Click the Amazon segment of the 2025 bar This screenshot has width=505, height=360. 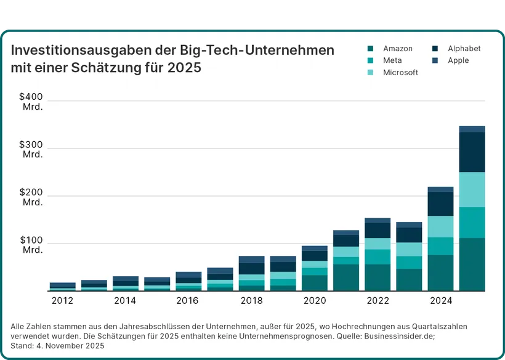[472, 264]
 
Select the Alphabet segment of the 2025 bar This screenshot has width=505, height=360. [472, 152]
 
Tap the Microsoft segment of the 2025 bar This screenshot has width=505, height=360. [472, 189]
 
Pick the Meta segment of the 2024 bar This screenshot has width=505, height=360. [440, 246]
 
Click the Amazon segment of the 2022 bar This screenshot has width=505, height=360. [378, 277]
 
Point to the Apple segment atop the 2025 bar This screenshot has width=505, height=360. [472, 129]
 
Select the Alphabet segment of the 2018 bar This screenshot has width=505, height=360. [251, 268]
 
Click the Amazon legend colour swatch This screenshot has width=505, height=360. [371, 49]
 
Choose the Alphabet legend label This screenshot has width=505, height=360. [464, 49]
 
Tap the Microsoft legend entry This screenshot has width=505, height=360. [400, 72]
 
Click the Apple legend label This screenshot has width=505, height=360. [458, 60]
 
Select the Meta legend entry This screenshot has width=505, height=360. [392, 60]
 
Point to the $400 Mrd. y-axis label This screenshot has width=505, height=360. [31, 101]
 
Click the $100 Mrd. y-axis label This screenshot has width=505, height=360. [31, 244]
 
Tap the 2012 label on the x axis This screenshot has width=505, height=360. [62, 301]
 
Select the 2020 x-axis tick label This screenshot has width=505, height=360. [314, 301]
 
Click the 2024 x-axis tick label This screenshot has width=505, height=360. [440, 301]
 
